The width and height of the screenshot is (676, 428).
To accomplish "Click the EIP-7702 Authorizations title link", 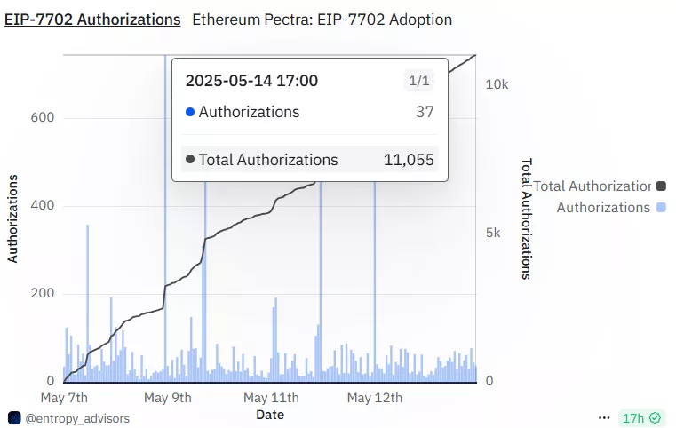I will (92, 19).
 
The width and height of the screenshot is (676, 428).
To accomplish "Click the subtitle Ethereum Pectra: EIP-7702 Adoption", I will (322, 19).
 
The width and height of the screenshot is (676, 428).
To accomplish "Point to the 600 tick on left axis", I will (44, 118).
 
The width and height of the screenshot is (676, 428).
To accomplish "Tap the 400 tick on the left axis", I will (44, 206).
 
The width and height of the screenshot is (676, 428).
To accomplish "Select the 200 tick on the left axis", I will (44, 294).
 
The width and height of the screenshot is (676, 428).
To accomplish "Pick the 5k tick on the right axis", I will (493, 233).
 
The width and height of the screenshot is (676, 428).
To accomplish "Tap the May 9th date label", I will (167, 397).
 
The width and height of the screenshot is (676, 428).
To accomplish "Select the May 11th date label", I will (271, 397).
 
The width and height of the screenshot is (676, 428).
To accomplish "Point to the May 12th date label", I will (374, 397).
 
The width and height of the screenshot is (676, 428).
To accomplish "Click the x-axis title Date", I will (270, 414).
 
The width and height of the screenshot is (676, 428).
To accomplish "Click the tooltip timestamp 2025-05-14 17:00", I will (251, 81).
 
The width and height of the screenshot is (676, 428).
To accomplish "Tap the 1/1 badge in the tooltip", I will (418, 82).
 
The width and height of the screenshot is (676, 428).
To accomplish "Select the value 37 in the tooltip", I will (425, 112).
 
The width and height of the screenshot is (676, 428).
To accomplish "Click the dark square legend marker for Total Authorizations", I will (660, 186).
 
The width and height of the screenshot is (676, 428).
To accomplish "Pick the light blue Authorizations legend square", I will (660, 207).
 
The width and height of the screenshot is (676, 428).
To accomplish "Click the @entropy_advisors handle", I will (76, 417).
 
